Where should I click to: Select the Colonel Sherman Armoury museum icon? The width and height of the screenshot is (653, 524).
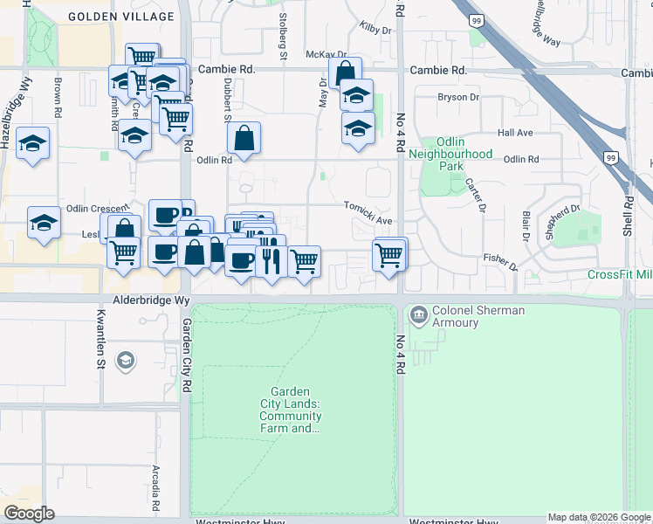point(418,313)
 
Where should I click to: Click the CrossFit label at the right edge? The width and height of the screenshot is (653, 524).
point(619,274)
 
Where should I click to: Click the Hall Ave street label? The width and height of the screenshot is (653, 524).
point(514,133)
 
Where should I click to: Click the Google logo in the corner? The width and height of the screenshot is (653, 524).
point(29,514)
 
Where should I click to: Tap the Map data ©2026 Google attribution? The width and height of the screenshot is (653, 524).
point(598,517)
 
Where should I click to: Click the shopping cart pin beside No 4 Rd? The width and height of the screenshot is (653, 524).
point(388,255)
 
